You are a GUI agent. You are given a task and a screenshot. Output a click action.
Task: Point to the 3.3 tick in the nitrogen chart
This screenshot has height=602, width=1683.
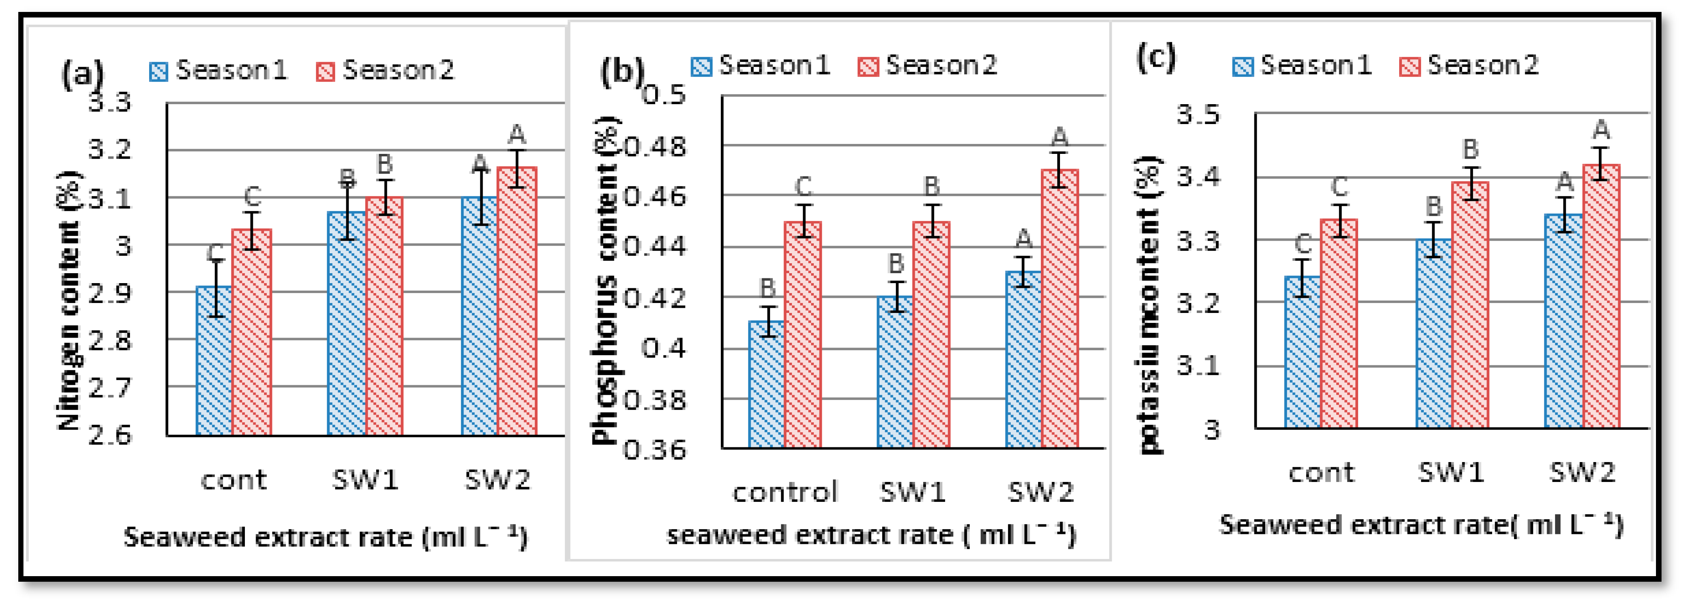[x=110, y=103]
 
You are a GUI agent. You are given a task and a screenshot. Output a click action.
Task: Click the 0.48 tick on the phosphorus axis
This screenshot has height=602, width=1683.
[x=655, y=146]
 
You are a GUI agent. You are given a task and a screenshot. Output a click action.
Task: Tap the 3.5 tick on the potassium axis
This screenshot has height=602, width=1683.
[x=1198, y=115]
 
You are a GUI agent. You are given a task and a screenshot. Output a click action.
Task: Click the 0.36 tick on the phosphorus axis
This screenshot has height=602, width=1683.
[x=655, y=450]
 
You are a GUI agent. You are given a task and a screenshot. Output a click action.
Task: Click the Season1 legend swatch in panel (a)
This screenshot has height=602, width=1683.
[x=159, y=71]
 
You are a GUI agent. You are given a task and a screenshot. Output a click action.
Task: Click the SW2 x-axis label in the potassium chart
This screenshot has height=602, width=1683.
[x=1582, y=472]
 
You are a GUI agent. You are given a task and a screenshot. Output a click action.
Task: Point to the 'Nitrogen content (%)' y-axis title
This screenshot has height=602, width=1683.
[x=69, y=301]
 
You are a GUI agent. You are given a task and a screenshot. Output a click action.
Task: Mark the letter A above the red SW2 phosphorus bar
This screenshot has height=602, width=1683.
[x=1059, y=137]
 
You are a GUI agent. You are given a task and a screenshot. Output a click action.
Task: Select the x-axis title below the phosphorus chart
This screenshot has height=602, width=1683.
[x=870, y=535]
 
